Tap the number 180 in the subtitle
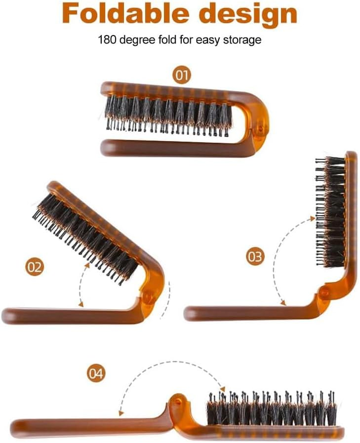pyautogui.click(x=107, y=40)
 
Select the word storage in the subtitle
pyautogui.click(x=243, y=40)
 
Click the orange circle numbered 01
pyautogui.click(x=181, y=75)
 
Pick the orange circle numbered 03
pyautogui.click(x=255, y=257)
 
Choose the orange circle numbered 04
pyautogui.click(x=95, y=373)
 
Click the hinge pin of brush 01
pyautogui.click(x=258, y=130)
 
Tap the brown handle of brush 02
pyautogui.click(x=67, y=315)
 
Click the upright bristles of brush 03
pyautogui.click(x=331, y=211)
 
